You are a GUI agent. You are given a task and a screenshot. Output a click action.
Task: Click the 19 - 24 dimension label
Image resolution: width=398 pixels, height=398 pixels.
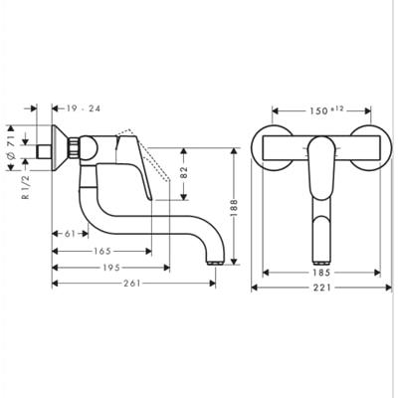pyautogui.click(x=83, y=108)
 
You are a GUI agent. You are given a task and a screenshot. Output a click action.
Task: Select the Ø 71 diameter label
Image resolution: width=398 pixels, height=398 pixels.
pyautogui.click(x=11, y=147)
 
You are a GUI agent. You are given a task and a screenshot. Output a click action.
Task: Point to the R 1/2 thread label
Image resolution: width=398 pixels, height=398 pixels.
pyautogui.click(x=26, y=187)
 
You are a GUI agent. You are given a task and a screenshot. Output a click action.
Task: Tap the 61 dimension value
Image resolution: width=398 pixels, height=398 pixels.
pyautogui.click(x=70, y=234)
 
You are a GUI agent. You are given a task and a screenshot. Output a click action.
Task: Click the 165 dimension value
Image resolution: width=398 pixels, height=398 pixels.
pyautogui.click(x=102, y=251)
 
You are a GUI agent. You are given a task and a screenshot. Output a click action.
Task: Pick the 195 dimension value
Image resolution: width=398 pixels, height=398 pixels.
pyautogui.click(x=111, y=268)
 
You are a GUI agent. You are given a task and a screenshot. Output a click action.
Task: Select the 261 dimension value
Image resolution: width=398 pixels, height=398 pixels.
pyautogui.click(x=132, y=284)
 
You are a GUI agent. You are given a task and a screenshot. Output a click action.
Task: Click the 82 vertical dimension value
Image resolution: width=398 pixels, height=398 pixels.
pyautogui.click(x=184, y=172)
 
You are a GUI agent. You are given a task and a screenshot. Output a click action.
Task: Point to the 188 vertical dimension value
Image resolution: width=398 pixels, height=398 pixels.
pyautogui.click(x=234, y=208)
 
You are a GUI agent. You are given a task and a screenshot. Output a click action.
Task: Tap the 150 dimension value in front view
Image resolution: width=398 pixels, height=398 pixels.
pyautogui.click(x=318, y=110)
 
